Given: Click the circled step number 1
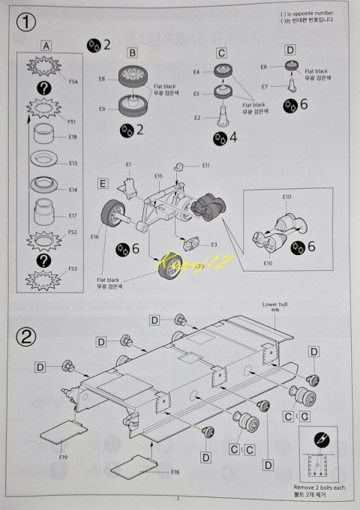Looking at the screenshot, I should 28,22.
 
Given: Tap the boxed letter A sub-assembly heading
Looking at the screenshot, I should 46,46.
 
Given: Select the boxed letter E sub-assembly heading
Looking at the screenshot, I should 103,182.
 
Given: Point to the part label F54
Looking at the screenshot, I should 73,80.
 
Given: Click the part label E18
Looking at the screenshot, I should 73,137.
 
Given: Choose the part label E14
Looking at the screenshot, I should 73,190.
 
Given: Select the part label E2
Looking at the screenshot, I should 197,118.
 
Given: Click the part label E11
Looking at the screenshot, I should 205,165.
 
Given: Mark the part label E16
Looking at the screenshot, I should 94,237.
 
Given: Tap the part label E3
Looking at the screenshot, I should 214,244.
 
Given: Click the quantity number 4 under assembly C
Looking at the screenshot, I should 232,137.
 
